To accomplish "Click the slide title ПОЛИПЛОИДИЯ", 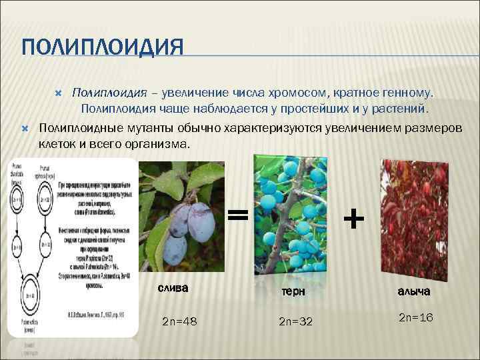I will pos(102,48).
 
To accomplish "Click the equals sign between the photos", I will pos(238,214).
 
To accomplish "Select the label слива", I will pos(173,288).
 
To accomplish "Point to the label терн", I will pos(292,291).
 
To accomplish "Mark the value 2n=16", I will pos(416,318).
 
